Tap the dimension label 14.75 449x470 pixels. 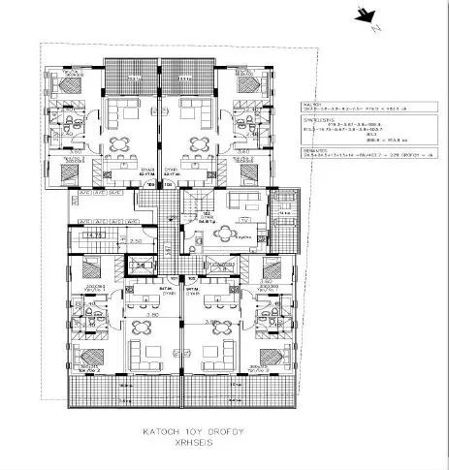point(96,235)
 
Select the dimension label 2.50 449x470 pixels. point(137,240)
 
